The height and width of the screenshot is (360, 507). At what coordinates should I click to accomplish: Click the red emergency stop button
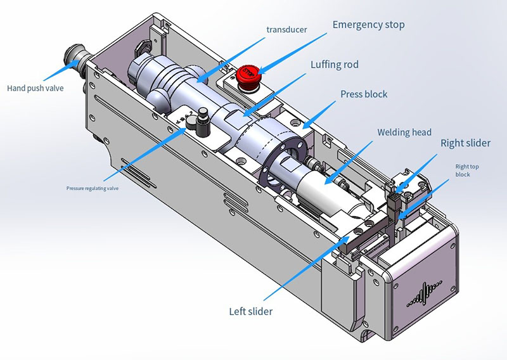click(248, 74)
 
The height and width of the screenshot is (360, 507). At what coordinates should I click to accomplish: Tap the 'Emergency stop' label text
click(368, 25)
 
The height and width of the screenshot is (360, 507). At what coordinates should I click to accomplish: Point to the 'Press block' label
click(364, 94)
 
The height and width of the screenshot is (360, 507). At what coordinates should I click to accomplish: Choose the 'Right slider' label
click(465, 143)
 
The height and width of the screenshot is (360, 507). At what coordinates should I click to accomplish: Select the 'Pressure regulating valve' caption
click(93, 188)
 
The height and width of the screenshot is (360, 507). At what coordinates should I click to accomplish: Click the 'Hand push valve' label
click(36, 88)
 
